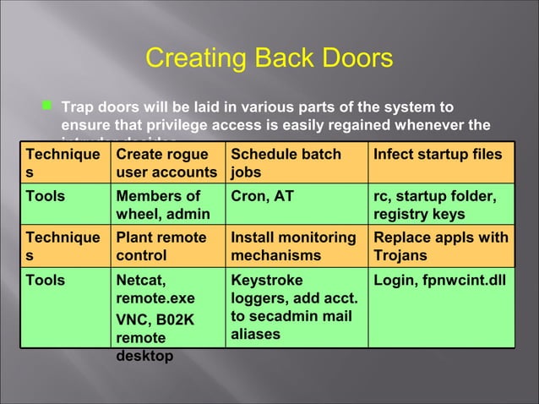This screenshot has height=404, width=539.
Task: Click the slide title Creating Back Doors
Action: click(x=269, y=58)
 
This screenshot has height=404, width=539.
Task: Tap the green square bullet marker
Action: click(x=46, y=107)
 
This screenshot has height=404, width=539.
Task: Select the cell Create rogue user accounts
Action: click(x=166, y=164)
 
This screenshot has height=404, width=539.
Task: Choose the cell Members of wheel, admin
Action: click(x=166, y=205)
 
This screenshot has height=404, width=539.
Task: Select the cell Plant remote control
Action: click(x=166, y=246)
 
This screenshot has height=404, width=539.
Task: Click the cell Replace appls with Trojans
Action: click(x=440, y=246)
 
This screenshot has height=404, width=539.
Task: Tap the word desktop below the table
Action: click(x=144, y=356)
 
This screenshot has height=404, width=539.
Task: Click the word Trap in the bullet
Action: click(x=80, y=107)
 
